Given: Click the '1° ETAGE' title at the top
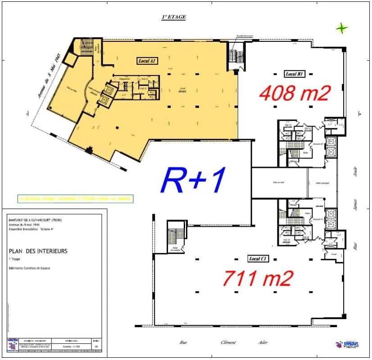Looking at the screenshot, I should pyautogui.click(x=173, y=17).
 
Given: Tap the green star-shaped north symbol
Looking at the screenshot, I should pyautogui.click(x=342, y=28).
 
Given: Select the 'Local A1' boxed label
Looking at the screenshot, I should pyautogui.click(x=147, y=60).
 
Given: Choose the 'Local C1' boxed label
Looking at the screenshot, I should pyautogui.click(x=259, y=259).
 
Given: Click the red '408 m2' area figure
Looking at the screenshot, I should pyautogui.click(x=295, y=93).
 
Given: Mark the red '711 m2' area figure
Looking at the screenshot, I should pyautogui.click(x=259, y=278).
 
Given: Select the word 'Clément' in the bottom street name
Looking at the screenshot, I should pyautogui.click(x=228, y=342).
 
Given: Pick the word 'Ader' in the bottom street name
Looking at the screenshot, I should pyautogui.click(x=263, y=342).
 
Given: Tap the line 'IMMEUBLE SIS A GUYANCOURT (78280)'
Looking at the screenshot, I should pyautogui.click(x=35, y=220).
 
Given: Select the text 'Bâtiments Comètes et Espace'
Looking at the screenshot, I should pyautogui.click(x=30, y=268).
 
